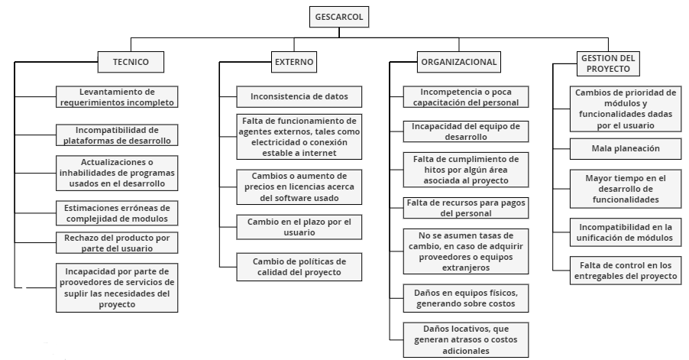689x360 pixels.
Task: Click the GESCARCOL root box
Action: pos(339,17)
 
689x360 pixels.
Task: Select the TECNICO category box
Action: pos(131,62)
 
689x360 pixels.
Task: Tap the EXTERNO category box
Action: pos(294,62)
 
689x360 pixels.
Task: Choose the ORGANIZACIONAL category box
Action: pos(459,62)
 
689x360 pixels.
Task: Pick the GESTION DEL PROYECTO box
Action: pos(608,63)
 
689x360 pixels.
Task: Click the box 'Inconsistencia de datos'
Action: pos(299,97)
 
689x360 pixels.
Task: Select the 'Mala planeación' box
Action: pos(626,148)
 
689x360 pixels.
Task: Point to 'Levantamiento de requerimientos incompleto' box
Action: pos(117,97)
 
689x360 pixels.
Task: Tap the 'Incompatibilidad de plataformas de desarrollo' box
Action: pos(117,135)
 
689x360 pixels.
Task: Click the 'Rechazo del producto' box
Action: pos(117,243)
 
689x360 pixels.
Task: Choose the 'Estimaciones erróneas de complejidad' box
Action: pos(117,213)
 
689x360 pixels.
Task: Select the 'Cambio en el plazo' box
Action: pos(299,227)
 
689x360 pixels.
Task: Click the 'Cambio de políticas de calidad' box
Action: pos(299,267)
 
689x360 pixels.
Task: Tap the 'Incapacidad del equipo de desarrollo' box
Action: pos(466,131)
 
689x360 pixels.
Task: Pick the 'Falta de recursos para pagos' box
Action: pos(466,208)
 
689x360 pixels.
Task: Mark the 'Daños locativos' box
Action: pos(466,340)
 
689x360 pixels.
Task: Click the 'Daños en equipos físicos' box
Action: pos(466,298)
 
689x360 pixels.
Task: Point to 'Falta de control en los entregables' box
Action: pos(626,271)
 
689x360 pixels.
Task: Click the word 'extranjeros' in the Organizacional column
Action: pos(466,268)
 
